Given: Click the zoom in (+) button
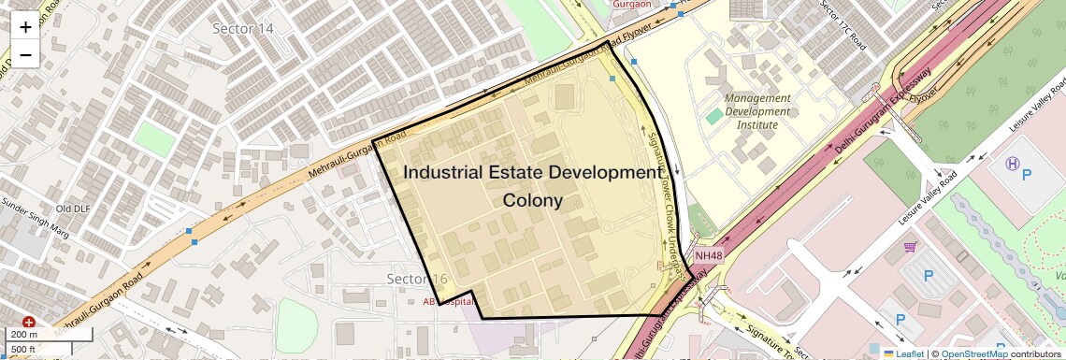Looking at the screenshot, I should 25,28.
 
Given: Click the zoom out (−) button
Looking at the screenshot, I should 25,54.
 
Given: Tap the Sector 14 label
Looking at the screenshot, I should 243,29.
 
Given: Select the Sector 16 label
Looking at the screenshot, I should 417,280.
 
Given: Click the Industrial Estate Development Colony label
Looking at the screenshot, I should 532,186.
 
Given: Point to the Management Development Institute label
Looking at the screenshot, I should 757,111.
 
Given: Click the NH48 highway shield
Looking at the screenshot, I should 709,255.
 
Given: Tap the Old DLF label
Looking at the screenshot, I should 73,209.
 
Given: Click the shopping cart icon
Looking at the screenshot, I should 909,247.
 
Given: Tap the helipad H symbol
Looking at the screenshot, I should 1012,163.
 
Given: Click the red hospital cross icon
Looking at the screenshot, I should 29,322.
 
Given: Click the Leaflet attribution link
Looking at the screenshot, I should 903,353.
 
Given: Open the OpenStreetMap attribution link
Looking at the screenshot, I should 973,353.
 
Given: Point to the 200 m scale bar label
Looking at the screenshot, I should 24,334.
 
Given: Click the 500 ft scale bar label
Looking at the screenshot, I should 24,350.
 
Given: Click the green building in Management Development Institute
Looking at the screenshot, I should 713,116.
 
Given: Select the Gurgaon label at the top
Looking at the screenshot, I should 632,4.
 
